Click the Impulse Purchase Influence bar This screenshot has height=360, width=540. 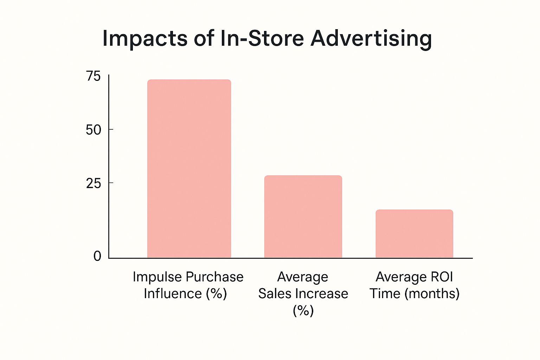pyautogui.click(x=189, y=169)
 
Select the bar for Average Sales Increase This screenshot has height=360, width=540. pyautogui.click(x=303, y=217)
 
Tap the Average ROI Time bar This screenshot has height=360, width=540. pyautogui.click(x=414, y=234)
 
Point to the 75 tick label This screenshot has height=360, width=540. pyautogui.click(x=94, y=76)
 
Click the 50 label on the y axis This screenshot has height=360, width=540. pyautogui.click(x=94, y=130)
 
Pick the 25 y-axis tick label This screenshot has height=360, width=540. pyautogui.click(x=94, y=183)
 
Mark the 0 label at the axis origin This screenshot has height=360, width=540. pyautogui.click(x=97, y=256)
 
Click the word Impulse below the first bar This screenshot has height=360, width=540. pyautogui.click(x=155, y=277)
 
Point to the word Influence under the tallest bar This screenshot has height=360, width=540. pyautogui.click(x=172, y=294)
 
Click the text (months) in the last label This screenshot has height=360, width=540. pyautogui.click(x=432, y=294)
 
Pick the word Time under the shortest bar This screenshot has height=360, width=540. pyautogui.click(x=385, y=294)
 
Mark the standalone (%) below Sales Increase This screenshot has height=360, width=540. pyautogui.click(x=303, y=310)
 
